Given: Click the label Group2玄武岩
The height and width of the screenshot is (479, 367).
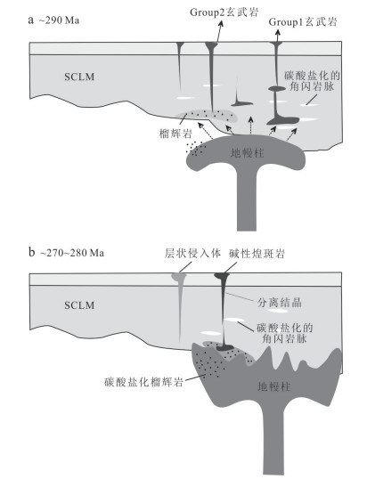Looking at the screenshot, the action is click(x=224, y=12).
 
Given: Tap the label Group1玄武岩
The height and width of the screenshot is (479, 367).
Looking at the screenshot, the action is click(x=303, y=21).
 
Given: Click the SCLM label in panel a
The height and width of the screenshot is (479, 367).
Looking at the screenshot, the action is click(x=79, y=77).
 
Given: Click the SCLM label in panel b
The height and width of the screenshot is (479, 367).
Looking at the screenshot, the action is click(x=79, y=304).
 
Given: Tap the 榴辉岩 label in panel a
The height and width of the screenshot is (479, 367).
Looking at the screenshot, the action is click(x=175, y=134).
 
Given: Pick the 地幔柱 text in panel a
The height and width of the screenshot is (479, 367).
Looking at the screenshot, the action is click(x=247, y=153).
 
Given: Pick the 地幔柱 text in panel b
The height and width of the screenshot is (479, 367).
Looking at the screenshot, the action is click(x=274, y=386).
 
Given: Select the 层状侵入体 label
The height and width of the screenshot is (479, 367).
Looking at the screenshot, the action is click(x=192, y=253).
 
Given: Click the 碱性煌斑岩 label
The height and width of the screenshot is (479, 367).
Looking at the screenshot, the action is click(x=257, y=254).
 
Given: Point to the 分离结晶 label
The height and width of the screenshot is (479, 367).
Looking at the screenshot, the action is click(x=280, y=303).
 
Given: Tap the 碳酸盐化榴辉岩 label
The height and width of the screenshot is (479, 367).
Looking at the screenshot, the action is click(x=143, y=382).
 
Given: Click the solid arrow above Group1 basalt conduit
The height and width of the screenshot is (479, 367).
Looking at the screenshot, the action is click(x=277, y=36).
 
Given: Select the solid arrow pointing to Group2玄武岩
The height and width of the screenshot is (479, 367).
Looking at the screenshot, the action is click(x=219, y=31).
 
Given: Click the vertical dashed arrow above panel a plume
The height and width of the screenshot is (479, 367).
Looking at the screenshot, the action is click(x=250, y=126).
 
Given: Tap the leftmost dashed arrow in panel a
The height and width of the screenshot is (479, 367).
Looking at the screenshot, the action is click(x=206, y=131).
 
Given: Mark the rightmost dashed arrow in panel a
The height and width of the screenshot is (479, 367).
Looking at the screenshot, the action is click(x=292, y=134).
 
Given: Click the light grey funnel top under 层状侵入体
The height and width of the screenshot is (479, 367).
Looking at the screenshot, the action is click(x=179, y=277).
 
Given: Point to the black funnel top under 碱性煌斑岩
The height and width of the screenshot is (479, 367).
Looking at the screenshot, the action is click(x=222, y=276).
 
